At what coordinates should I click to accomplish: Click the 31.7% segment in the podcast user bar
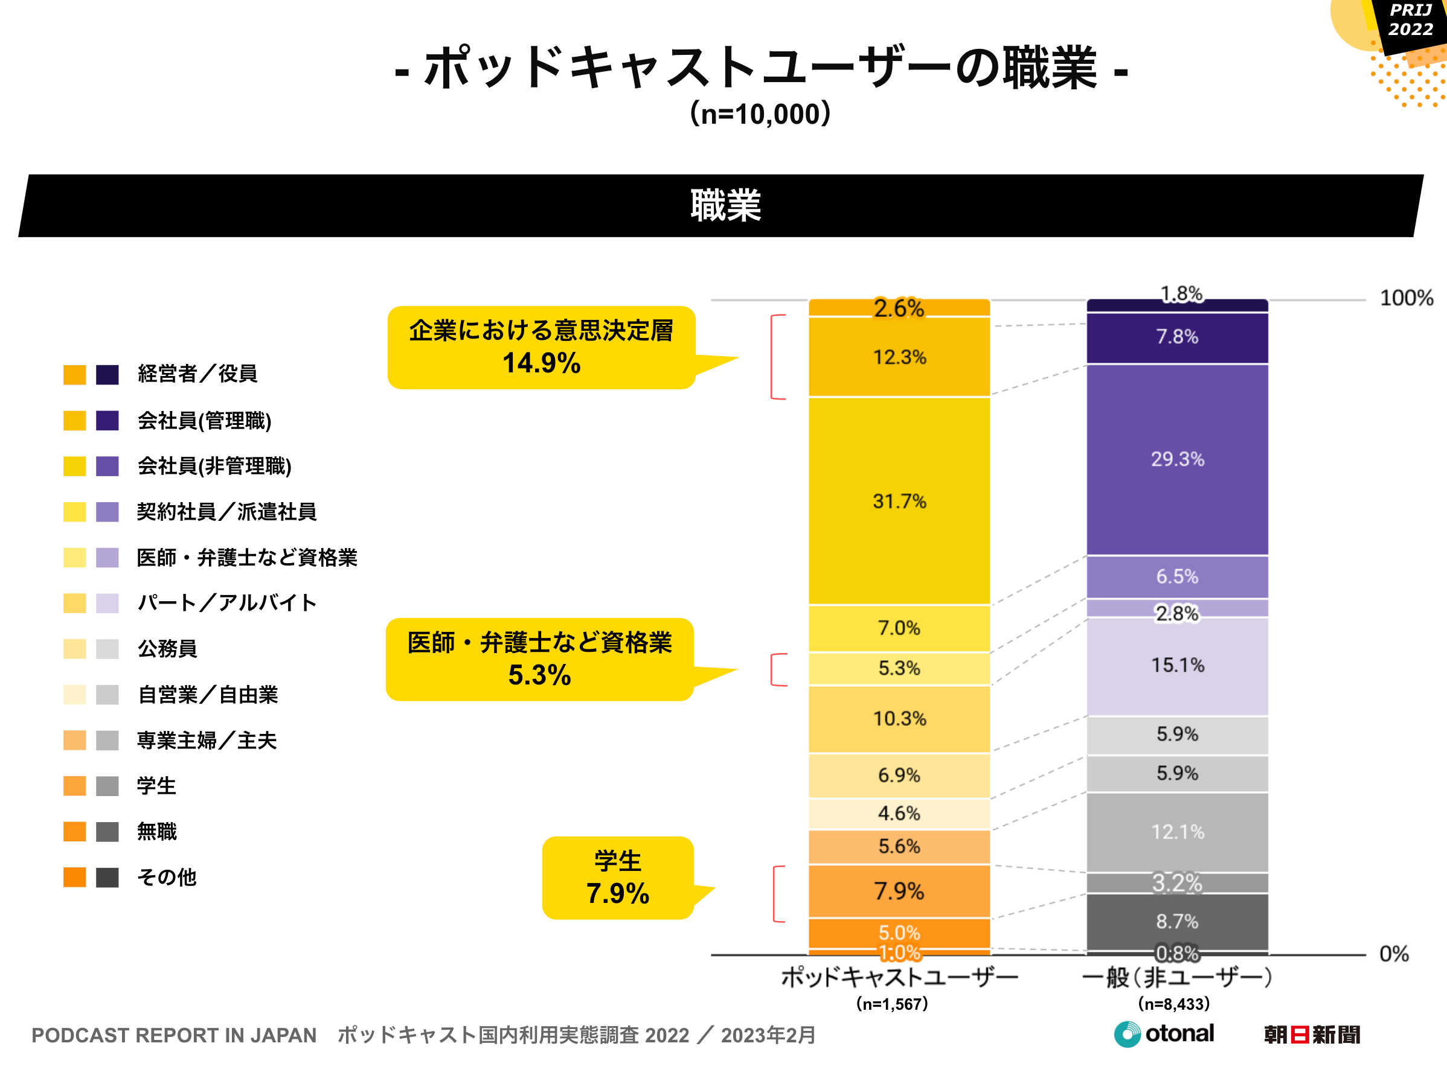[899, 501]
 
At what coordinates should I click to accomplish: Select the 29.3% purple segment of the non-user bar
[1177, 459]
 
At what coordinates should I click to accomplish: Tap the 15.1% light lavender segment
[1177, 666]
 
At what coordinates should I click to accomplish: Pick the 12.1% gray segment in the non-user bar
[1177, 832]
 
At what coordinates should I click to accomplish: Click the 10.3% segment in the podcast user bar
[899, 718]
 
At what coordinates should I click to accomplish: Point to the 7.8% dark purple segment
[1177, 337]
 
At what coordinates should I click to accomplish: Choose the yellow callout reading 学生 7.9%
[618, 878]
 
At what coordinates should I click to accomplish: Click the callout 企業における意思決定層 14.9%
[541, 347]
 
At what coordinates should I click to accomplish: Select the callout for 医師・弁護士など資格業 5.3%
[539, 659]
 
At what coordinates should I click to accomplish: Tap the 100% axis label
[1406, 298]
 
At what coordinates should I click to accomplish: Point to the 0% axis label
[1393, 954]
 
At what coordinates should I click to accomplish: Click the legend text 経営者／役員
[197, 374]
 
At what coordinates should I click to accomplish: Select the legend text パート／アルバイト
[227, 602]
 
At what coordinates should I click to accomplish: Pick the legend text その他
[166, 878]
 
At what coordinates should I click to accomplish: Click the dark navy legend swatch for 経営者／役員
[107, 375]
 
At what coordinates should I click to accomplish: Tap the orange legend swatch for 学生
[74, 786]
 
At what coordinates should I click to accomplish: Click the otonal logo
[1164, 1034]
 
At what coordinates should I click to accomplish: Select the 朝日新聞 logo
[1312, 1035]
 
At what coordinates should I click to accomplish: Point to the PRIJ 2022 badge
[1410, 19]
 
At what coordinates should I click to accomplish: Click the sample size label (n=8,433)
[1173, 1004]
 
